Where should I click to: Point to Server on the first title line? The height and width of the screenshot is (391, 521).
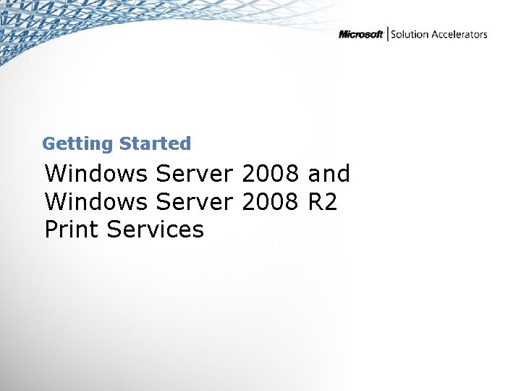click(x=195, y=175)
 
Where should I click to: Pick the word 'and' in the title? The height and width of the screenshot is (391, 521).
click(x=329, y=175)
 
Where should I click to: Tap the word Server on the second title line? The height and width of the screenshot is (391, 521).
click(x=195, y=202)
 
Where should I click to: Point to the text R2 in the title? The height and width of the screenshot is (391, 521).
click(x=323, y=202)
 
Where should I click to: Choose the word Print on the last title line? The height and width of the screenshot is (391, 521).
click(x=72, y=230)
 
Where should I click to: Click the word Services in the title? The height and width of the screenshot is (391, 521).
click(x=155, y=230)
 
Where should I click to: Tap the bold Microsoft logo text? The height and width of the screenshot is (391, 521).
click(x=361, y=35)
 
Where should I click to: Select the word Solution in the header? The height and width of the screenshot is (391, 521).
click(x=410, y=35)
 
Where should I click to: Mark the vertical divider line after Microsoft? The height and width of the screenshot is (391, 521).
click(x=388, y=34)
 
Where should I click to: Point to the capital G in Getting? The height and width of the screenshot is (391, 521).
click(x=48, y=144)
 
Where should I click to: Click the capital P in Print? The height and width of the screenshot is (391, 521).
click(x=51, y=230)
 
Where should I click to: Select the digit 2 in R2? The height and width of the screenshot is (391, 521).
click(x=331, y=202)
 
